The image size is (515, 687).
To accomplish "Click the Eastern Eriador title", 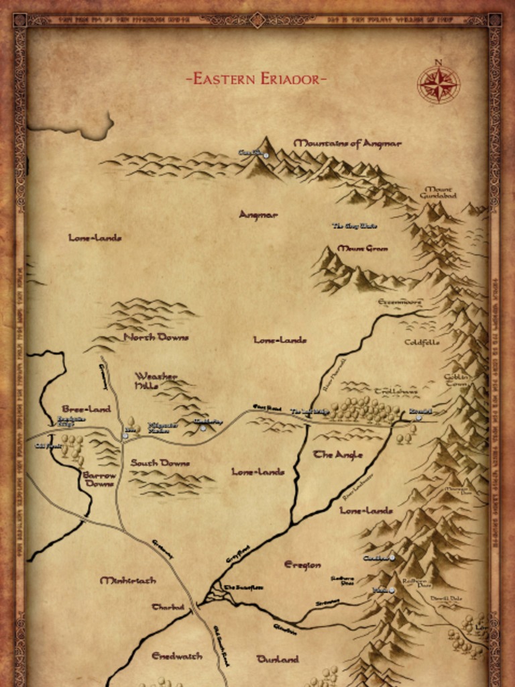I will tap(257, 79).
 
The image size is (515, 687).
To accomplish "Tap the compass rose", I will tap(438, 85).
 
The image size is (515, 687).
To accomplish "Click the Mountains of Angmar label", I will tap(347, 143).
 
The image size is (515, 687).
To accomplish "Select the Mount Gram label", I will tap(362, 248).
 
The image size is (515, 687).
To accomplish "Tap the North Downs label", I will tap(156, 337).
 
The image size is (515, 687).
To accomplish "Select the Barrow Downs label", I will tap(99, 479).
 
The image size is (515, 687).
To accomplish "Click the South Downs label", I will tap(160, 463).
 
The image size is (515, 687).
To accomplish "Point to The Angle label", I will tap(338, 455).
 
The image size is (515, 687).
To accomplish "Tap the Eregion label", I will tap(302, 565).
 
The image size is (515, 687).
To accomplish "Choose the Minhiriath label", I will tap(127, 580).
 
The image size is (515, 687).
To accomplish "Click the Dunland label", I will tap(278, 659).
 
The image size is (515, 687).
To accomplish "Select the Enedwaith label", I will tap(176, 655).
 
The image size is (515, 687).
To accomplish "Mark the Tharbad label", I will tap(168, 607).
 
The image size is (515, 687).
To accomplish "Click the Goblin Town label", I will tap(456, 380).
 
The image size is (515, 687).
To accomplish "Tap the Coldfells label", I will tap(422, 342).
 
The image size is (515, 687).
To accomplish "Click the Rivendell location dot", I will tap(419, 417).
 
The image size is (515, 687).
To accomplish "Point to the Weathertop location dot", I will tap(203, 427).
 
